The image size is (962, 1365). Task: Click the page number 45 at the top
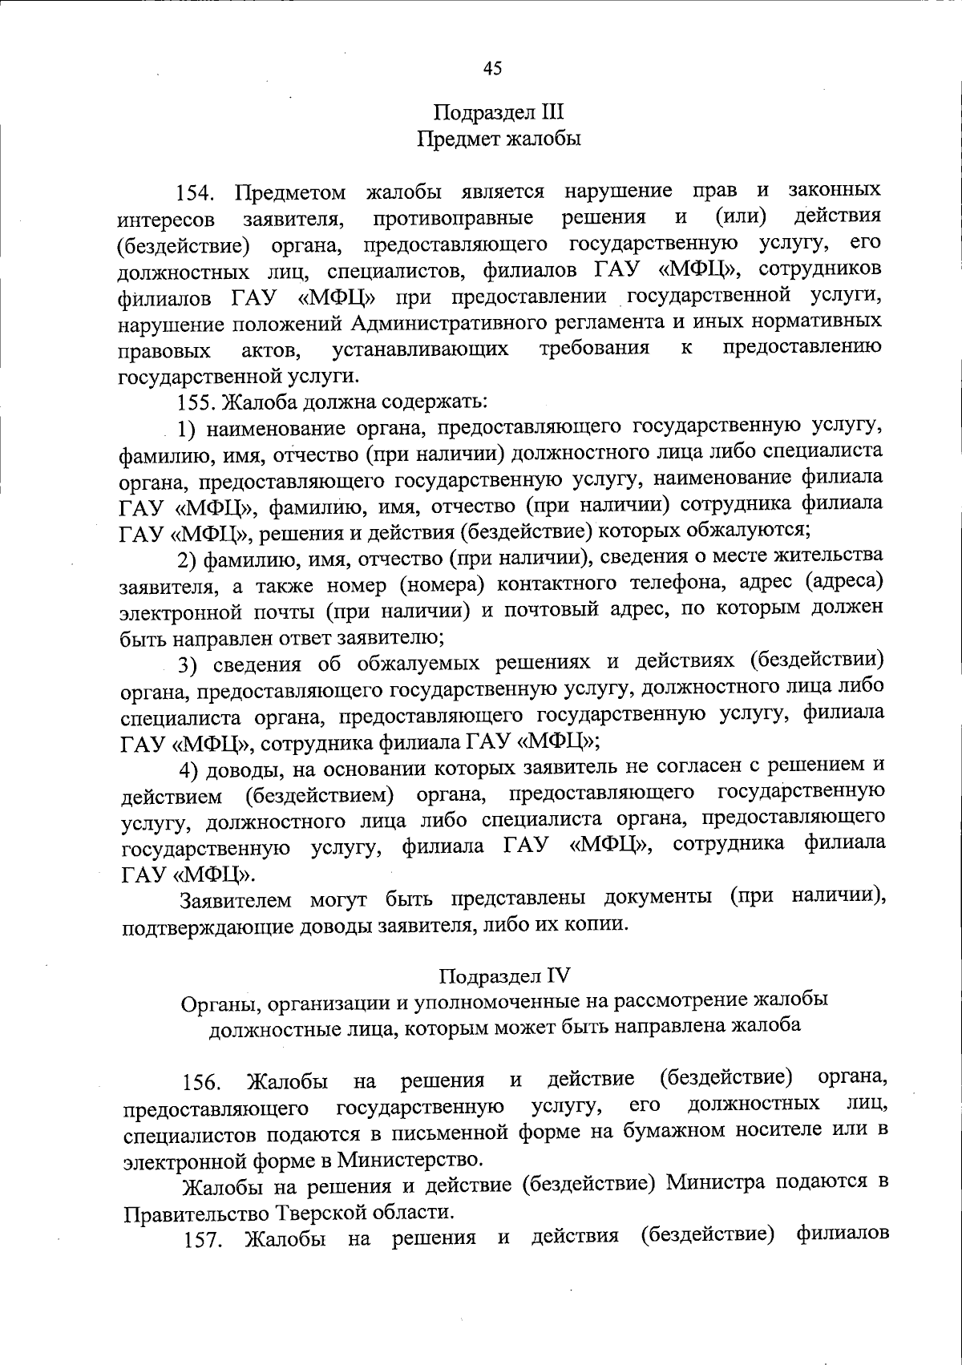492,69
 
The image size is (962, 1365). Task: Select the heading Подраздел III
499,112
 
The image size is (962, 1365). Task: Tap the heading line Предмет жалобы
499,139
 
